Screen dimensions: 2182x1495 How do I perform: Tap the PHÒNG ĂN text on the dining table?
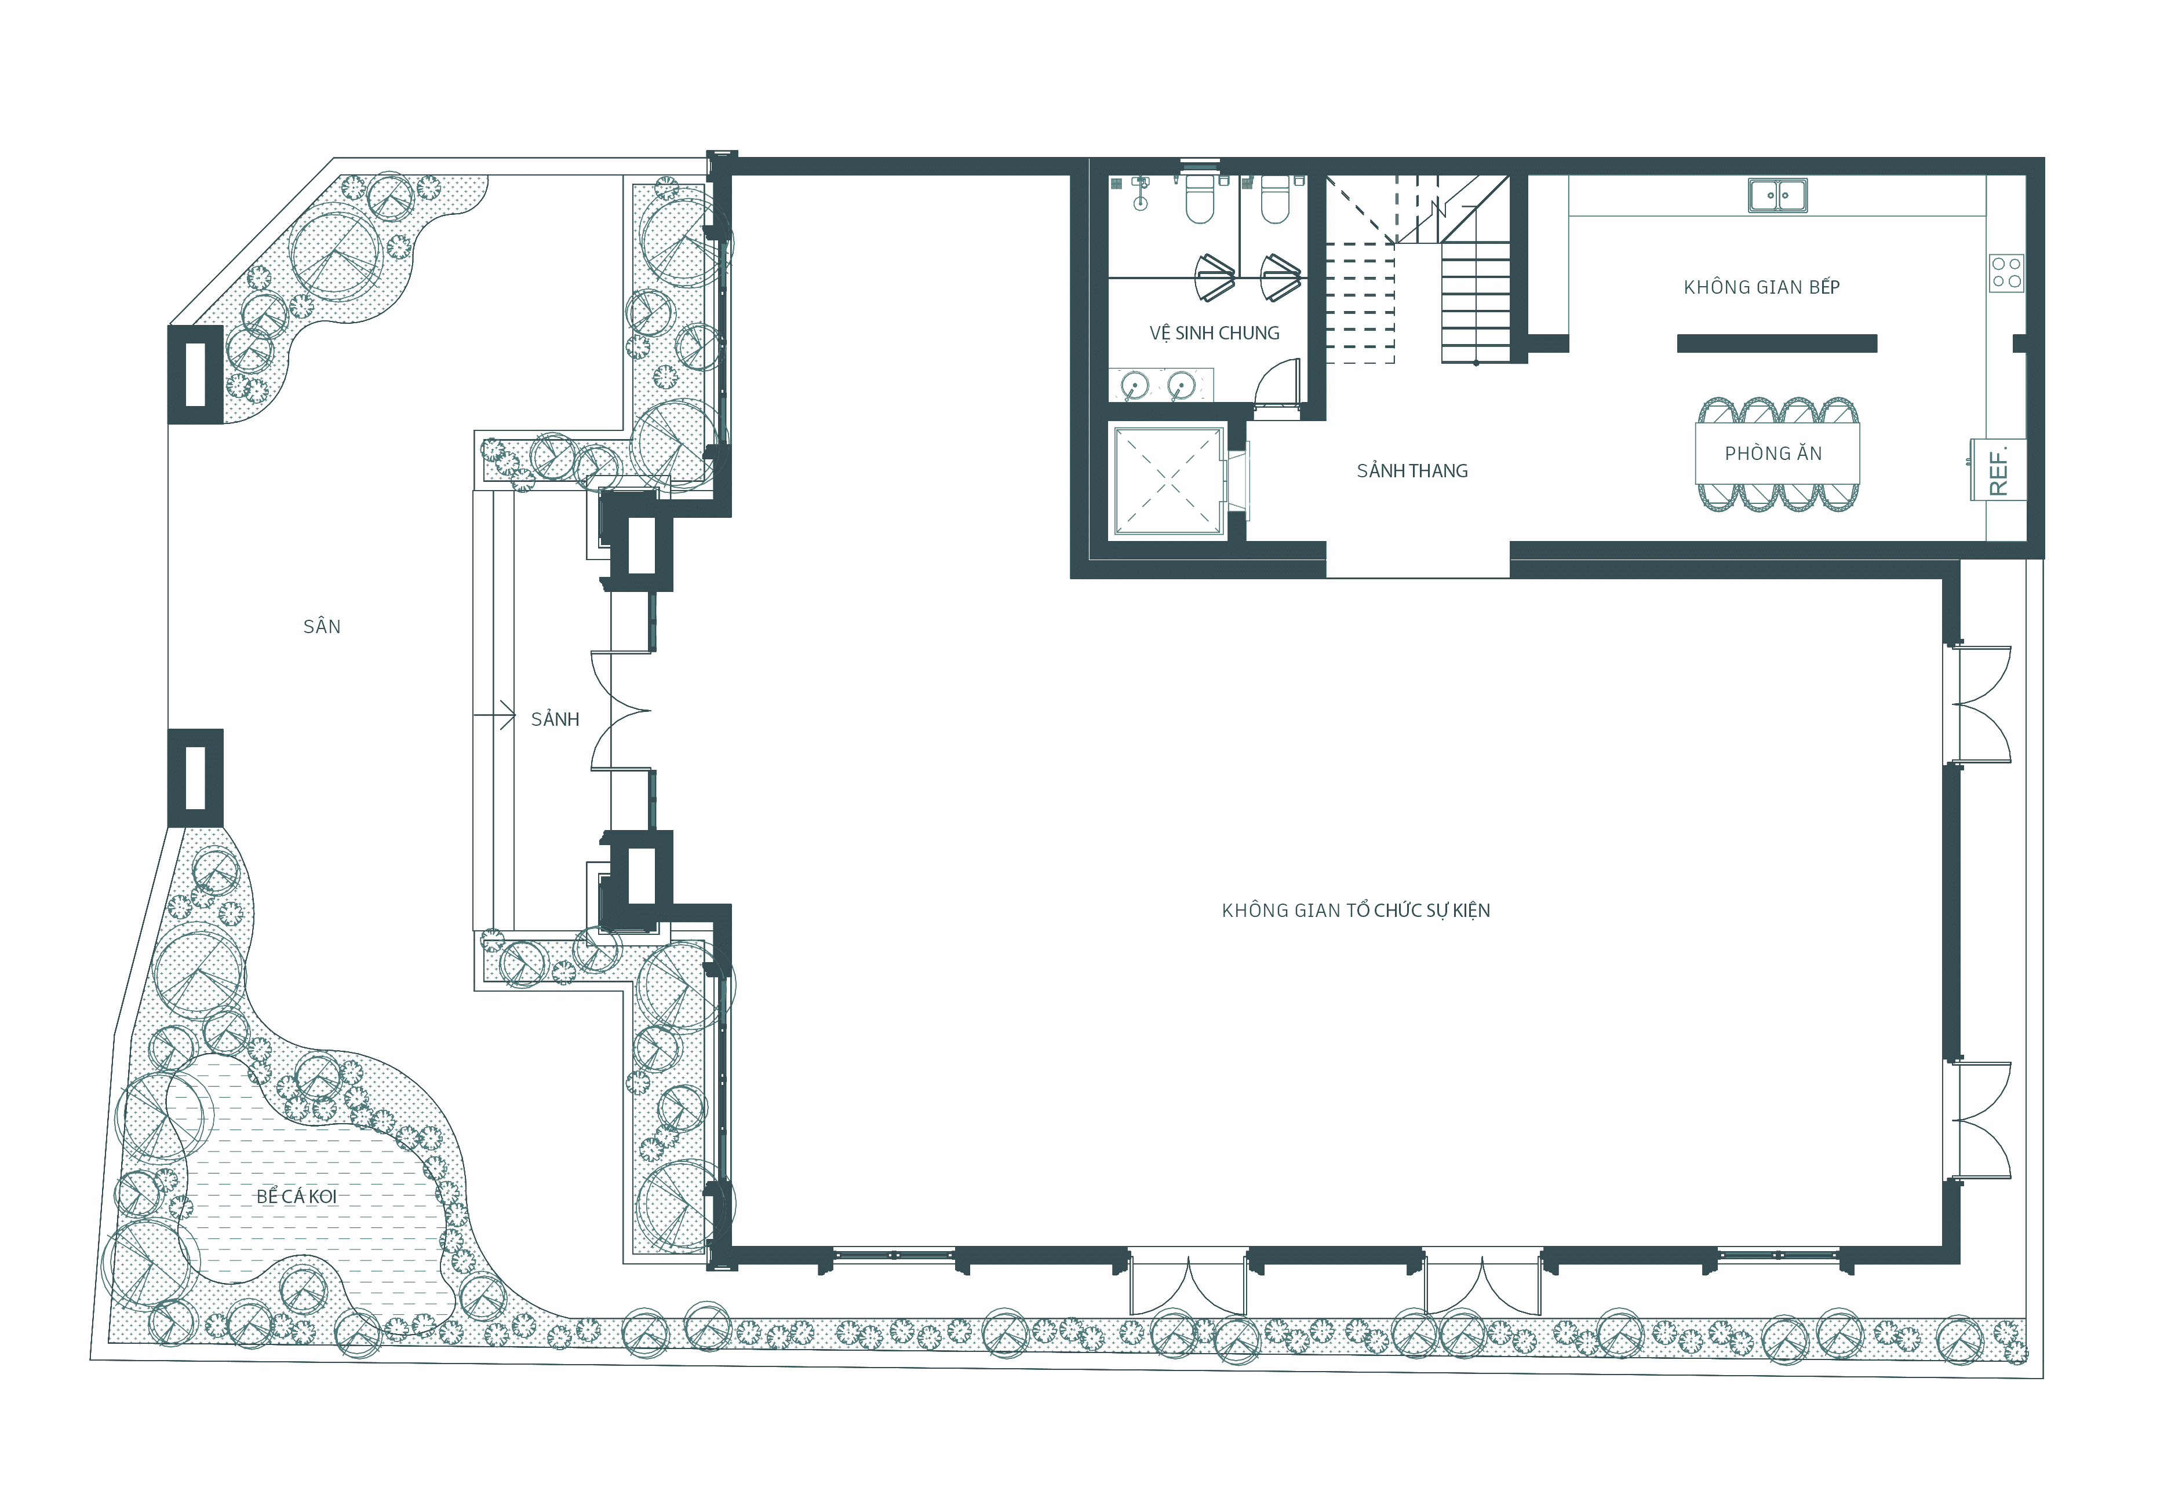point(1773,454)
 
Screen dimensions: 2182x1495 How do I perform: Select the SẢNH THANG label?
point(1412,470)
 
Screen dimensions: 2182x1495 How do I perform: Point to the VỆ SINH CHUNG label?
point(1214,333)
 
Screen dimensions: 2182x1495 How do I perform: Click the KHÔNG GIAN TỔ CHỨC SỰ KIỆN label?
point(1356,911)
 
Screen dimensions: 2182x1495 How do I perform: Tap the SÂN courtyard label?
point(322,626)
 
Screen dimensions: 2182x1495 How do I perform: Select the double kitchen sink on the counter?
point(1777,195)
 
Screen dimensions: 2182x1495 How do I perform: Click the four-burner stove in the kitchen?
point(2006,273)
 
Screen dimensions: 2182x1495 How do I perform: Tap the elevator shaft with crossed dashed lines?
point(1168,481)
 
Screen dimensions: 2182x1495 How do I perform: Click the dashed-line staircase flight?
point(1360,302)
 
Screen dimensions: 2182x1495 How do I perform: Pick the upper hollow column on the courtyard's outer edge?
point(195,374)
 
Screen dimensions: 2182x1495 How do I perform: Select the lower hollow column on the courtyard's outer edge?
point(195,778)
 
